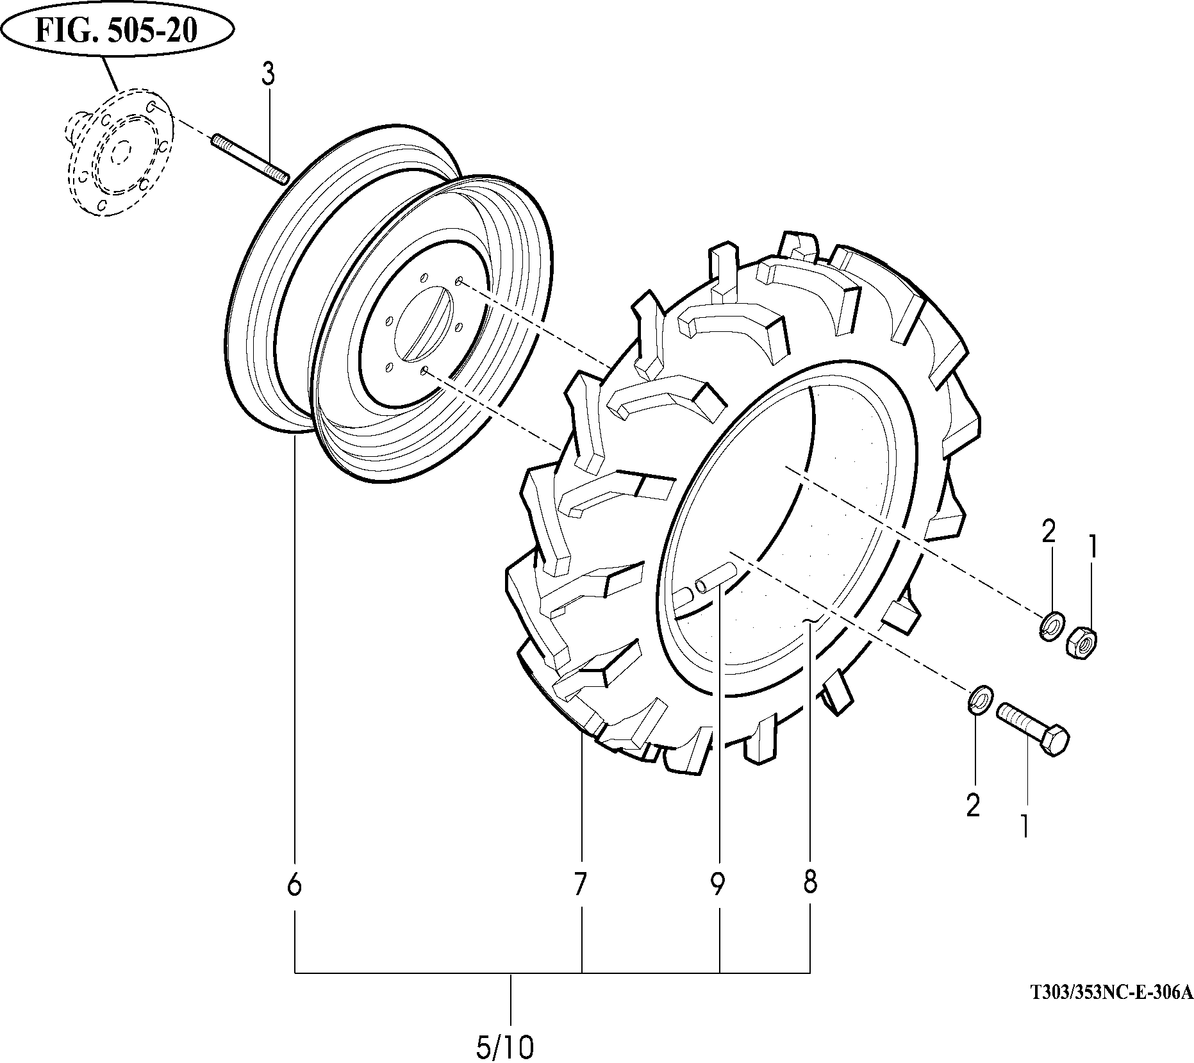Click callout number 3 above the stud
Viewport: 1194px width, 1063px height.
coord(268,75)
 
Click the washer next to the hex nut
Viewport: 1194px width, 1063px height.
coord(1052,625)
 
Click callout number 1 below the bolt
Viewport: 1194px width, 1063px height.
coord(1024,826)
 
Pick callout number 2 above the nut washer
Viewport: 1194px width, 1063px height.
coord(1048,532)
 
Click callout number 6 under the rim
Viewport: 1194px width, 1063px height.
coord(294,886)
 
